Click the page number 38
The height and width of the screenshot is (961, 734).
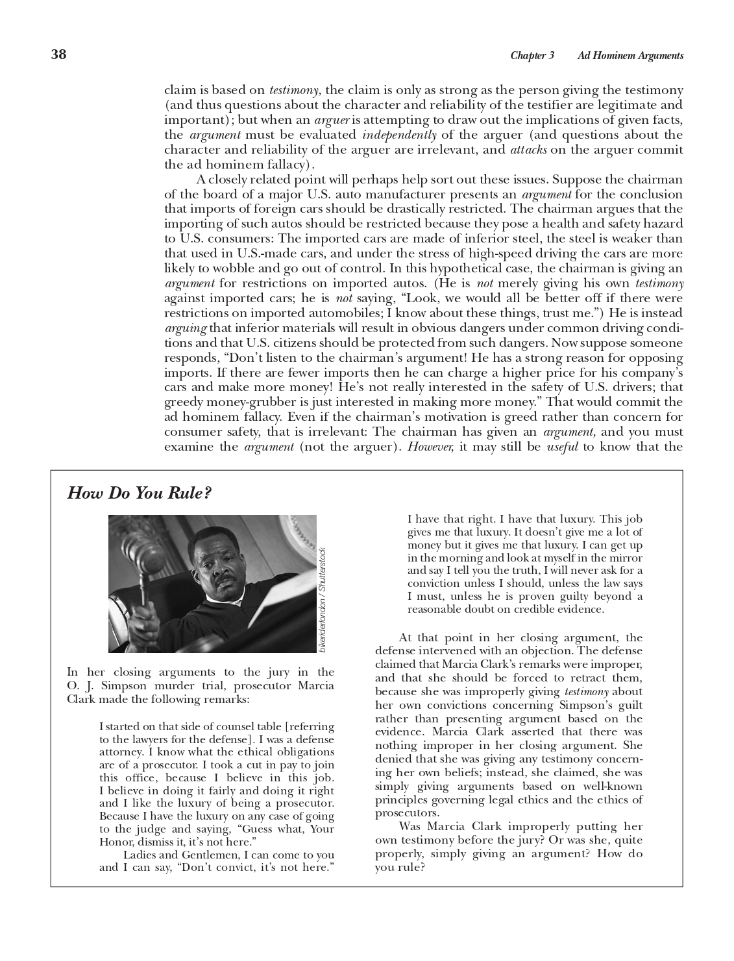[x=58, y=54]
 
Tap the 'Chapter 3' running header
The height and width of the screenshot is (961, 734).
[x=532, y=56]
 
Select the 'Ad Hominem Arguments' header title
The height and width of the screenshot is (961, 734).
[x=630, y=56]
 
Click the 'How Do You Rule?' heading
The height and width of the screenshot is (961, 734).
[x=139, y=493]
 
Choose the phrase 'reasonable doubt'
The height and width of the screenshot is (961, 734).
[x=448, y=610]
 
